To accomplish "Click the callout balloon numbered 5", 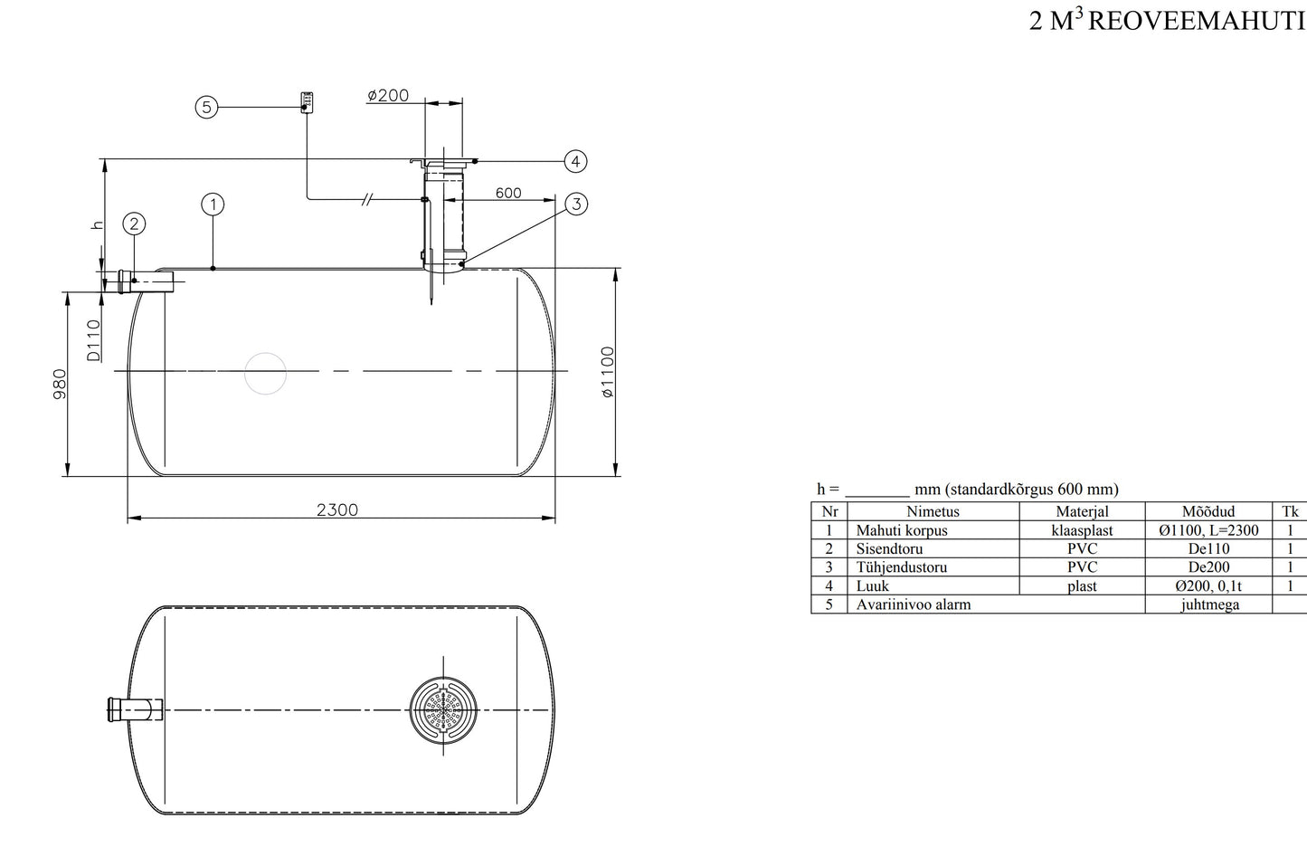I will coord(206,108).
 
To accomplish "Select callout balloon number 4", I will coord(576,161).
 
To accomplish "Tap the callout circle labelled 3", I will coord(576,204).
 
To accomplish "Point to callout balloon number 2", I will coord(134,224).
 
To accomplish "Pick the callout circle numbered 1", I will coord(213,205).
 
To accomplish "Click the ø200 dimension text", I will coord(388,95).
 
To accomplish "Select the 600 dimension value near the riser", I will coord(508,193).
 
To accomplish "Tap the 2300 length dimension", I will coord(337,509).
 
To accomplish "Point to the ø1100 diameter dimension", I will coord(608,372).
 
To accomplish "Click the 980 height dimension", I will coord(60,384).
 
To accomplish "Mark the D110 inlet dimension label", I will coord(94,340).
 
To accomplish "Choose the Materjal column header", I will coord(1082,511).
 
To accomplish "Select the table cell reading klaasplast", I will coord(1082,530).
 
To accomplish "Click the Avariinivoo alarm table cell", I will coord(914,604).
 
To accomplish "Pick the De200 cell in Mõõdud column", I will coord(1208,567).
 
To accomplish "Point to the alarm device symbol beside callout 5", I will coord(308,100).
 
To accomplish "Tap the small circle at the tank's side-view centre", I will coord(266,373).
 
